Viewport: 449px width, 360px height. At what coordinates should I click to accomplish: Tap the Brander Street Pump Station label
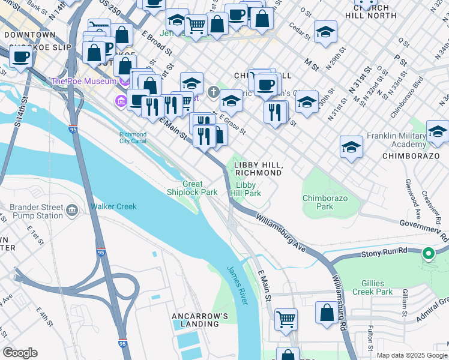click(x=37, y=211)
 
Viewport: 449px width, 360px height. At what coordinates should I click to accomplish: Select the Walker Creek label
click(x=113, y=206)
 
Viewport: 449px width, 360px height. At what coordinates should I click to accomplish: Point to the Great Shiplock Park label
click(x=192, y=188)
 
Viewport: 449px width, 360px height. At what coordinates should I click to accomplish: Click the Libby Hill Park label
click(x=248, y=190)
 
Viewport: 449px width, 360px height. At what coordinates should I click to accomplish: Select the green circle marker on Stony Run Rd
click(x=429, y=253)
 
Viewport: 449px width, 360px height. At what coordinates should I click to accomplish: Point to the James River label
click(x=237, y=285)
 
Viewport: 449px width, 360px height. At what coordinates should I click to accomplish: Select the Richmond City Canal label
click(x=133, y=138)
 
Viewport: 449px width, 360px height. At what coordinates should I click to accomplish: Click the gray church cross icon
click(x=212, y=92)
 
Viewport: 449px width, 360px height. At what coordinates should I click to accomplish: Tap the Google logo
click(x=20, y=353)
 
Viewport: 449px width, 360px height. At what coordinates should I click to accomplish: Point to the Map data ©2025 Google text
click(x=411, y=355)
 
